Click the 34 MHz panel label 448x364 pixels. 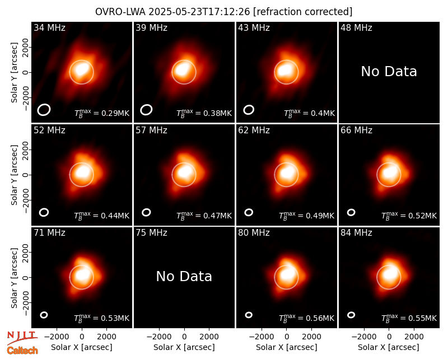tap(49, 27)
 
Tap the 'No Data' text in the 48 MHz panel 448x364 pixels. tap(389, 72)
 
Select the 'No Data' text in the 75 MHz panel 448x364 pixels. tap(184, 276)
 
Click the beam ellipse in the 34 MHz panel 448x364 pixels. tap(44, 110)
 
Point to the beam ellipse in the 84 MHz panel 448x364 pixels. tap(351, 315)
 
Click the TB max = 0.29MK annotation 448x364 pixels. tap(102, 113)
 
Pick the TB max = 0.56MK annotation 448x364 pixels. tap(306, 318)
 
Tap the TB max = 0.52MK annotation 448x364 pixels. tap(409, 216)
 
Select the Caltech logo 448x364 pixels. tap(22, 351)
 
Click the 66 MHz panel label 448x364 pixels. tap(356, 130)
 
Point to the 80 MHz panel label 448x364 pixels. tap(254, 233)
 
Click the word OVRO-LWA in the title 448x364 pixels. tap(120, 12)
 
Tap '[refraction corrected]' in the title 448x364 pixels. tap(302, 12)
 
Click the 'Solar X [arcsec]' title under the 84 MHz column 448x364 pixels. tap(389, 347)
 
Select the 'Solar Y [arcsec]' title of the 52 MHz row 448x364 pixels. tap(14, 175)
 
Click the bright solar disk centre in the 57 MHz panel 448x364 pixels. tap(184, 175)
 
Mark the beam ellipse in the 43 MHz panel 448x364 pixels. tap(249, 110)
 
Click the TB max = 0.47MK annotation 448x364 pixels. tap(204, 216)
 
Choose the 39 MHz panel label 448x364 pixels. tap(151, 27)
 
